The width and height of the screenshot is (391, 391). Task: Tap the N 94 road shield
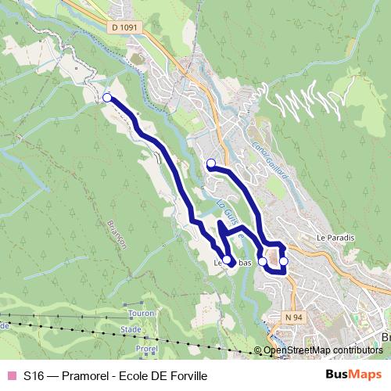292,317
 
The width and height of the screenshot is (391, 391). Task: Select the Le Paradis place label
336,237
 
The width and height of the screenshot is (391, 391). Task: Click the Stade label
131,330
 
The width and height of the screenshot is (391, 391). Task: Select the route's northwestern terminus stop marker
107,98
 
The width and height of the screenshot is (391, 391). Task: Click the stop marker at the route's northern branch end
210,163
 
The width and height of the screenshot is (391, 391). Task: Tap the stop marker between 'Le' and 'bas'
227,260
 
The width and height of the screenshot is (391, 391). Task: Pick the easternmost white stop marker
284,261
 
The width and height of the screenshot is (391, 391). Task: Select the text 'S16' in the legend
34,375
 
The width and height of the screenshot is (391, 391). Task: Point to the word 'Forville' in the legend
187,375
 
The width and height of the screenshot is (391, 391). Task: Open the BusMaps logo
353,375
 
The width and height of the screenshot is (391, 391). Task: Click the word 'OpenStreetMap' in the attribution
296,350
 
